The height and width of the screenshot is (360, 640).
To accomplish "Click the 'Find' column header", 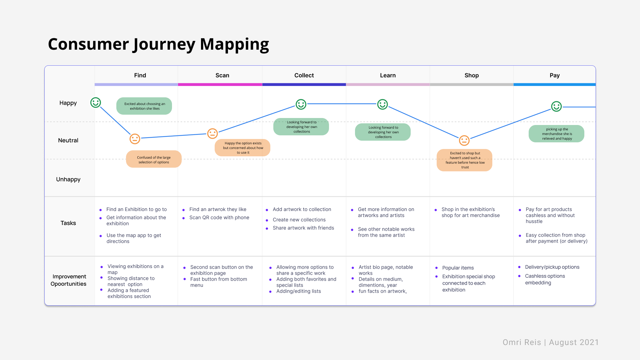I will (140, 75).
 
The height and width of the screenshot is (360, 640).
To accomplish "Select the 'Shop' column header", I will (471, 75).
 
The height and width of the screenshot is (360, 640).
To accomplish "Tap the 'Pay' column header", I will (554, 75).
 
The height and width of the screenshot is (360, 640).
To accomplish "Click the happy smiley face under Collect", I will (301, 104).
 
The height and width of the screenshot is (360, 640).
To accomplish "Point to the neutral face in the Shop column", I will (464, 140).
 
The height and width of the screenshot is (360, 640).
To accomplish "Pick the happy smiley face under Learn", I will (382, 104).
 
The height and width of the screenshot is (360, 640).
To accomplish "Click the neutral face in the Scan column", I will (212, 133).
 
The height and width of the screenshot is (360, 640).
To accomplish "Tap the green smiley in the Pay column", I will (556, 106).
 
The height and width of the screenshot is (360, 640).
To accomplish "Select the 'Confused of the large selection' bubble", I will (154, 159).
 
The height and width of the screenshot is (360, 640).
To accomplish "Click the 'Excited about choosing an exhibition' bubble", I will (144, 106).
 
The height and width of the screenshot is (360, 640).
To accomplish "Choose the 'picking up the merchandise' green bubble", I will (556, 134).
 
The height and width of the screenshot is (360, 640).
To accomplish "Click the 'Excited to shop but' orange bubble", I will (464, 160).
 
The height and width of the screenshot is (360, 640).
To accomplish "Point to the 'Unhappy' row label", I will (68, 179).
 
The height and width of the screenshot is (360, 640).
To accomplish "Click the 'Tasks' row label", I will (68, 223).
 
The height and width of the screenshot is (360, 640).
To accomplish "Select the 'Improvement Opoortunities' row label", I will (69, 280).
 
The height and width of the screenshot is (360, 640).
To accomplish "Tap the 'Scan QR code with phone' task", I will (219, 217).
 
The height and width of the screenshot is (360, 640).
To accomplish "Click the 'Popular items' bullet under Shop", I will (458, 268).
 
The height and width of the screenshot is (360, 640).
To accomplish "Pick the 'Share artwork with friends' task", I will (303, 228).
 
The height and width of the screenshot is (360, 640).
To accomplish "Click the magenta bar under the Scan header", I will (220, 85).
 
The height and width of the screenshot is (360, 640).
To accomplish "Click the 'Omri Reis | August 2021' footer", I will (550, 342).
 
